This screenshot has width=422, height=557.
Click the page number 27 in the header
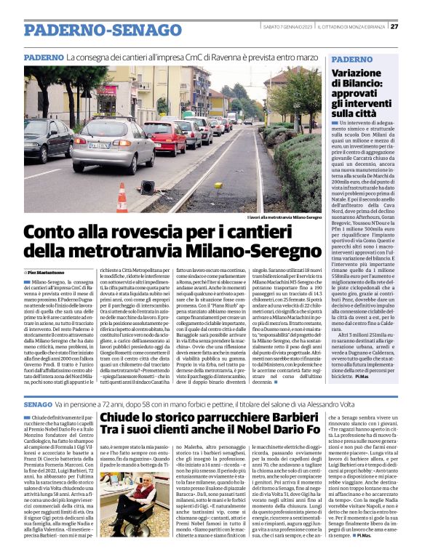(394, 27)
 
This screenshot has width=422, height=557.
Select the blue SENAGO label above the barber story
(38, 403)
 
